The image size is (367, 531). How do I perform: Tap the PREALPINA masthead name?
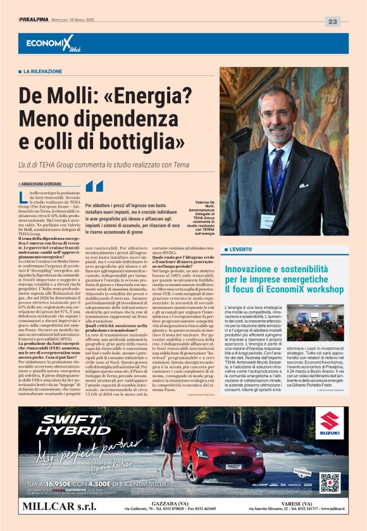[37, 20]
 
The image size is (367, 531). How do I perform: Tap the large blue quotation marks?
[94, 186]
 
